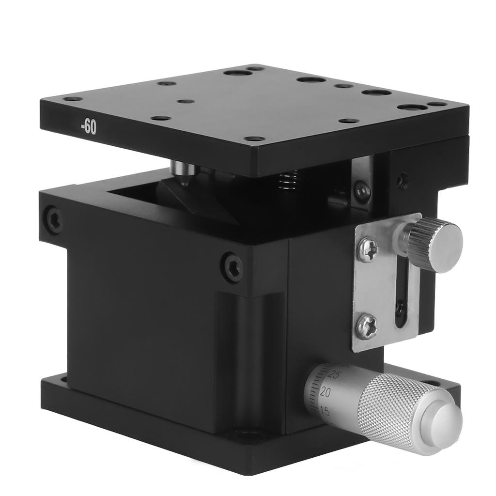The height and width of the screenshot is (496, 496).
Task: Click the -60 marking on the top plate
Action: tap(89, 128)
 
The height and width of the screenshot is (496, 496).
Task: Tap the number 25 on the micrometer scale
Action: tap(333, 374)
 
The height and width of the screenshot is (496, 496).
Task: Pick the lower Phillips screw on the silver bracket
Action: tap(367, 326)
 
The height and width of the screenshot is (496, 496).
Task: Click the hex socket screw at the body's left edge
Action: tap(53, 219)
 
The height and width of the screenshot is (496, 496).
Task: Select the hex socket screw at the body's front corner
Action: tap(232, 266)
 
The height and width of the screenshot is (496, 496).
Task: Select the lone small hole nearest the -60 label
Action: tap(186, 102)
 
